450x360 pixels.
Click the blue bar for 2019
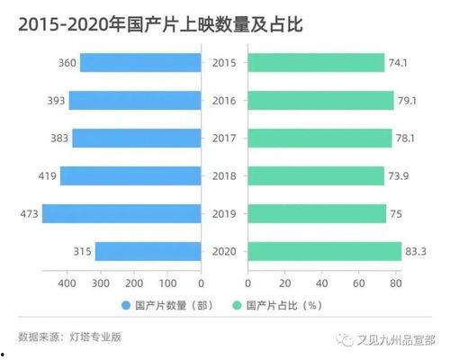coord(121,213)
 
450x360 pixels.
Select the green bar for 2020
coord(324,251)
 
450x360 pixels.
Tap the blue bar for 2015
coord(139,62)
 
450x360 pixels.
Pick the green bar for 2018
coord(316,175)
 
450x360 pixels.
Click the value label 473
coord(27,213)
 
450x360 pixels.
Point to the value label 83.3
coord(417,251)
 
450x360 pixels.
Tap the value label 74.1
coord(400,62)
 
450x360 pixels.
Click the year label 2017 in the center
coord(223,138)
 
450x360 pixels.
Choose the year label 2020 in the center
coord(223,251)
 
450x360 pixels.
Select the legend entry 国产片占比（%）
coord(284,305)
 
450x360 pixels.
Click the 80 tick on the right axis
coord(395,284)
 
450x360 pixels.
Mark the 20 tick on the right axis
coord(284,284)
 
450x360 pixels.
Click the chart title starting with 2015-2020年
coord(154,24)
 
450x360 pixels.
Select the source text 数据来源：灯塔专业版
coord(64,337)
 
